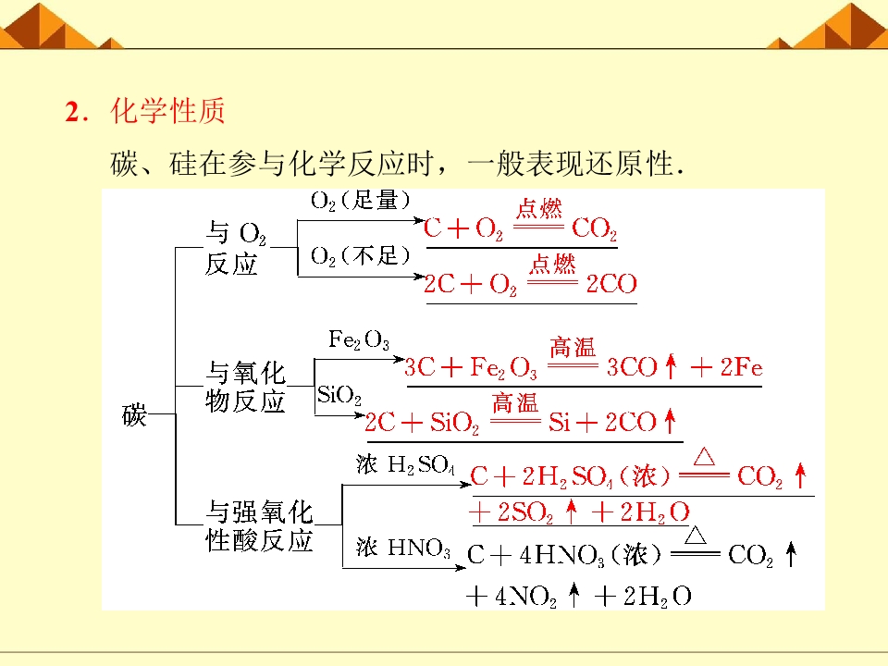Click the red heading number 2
coord(72,112)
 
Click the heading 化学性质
coord(168,110)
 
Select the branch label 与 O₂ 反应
coord(235,248)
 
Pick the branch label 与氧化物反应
coord(245,387)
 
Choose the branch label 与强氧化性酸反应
coord(259,525)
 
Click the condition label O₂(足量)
coord(360,201)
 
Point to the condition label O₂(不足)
coord(360,256)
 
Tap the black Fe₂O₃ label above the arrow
coord(359,339)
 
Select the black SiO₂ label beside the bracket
coord(339,394)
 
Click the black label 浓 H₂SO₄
coord(405,464)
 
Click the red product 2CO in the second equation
coord(611,284)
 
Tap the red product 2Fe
coord(741,367)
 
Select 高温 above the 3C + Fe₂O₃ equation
coord(573,347)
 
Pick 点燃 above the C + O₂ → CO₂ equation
coord(538,208)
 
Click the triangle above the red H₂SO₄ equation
coord(704,456)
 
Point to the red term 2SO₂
coord(525,512)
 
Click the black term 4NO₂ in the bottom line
coord(525,597)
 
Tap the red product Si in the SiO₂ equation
coord(559,423)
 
